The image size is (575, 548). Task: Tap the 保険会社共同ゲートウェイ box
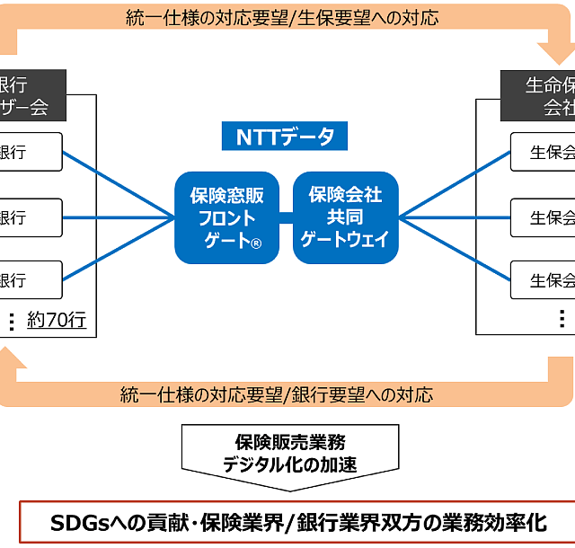point(346,217)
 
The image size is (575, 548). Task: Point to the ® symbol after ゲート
point(255,243)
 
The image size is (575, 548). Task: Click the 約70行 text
point(57,320)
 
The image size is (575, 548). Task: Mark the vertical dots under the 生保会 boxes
point(562,319)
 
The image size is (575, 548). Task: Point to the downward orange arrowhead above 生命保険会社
point(549,51)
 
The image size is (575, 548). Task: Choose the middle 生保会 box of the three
point(543,217)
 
